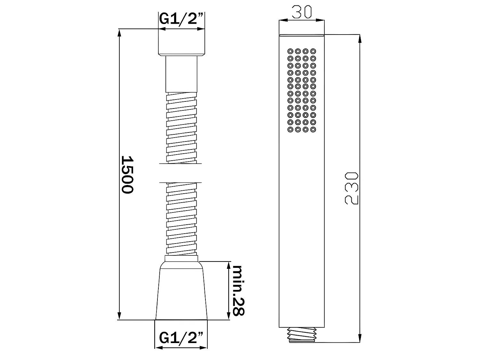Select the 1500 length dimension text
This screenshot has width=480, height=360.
coord(127,174)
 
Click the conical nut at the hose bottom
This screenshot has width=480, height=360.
coord(181,291)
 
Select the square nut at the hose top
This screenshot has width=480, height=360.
coord(181,43)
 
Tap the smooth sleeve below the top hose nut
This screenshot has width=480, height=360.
coord(181,75)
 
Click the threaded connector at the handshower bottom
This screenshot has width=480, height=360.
coord(302,335)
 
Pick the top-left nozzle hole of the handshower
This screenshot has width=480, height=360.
coord(291,51)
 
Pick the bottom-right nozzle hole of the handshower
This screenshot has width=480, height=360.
coord(313,130)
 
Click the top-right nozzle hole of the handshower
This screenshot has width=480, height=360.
coord(313,51)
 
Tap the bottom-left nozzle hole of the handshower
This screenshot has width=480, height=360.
coord(291,130)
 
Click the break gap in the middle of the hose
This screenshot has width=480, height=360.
coord(181,173)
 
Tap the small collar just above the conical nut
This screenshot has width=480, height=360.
coord(181,259)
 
